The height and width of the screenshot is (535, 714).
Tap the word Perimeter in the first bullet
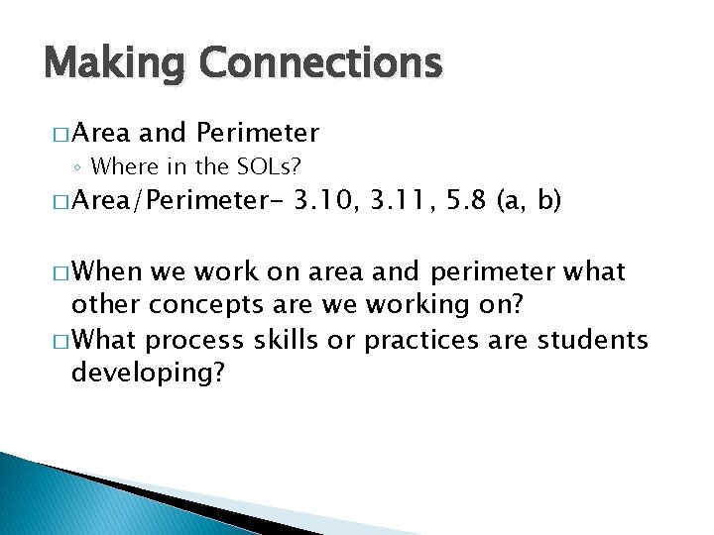point(258,132)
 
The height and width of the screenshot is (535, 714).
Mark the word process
point(194,341)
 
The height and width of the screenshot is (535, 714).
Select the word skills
point(287,341)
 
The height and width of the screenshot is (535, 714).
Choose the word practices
point(425,341)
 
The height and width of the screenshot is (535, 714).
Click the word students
point(592,341)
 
